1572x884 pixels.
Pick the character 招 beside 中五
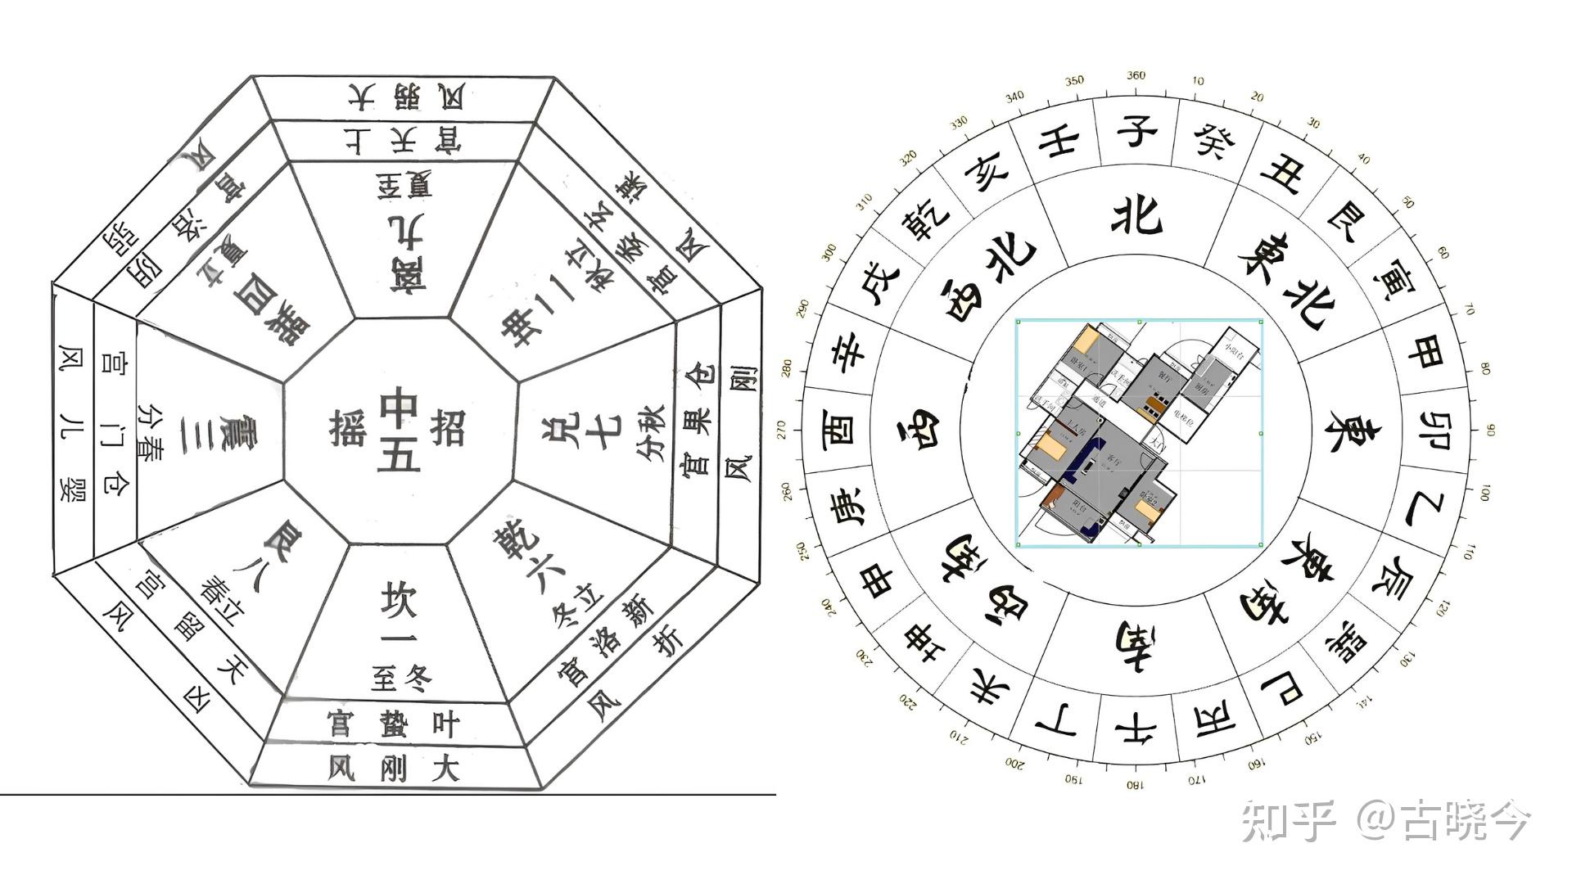[x=447, y=428]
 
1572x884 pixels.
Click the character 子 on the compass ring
[x=1136, y=131]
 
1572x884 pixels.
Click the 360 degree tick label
[x=1136, y=75]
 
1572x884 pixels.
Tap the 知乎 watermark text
[x=1287, y=821]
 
